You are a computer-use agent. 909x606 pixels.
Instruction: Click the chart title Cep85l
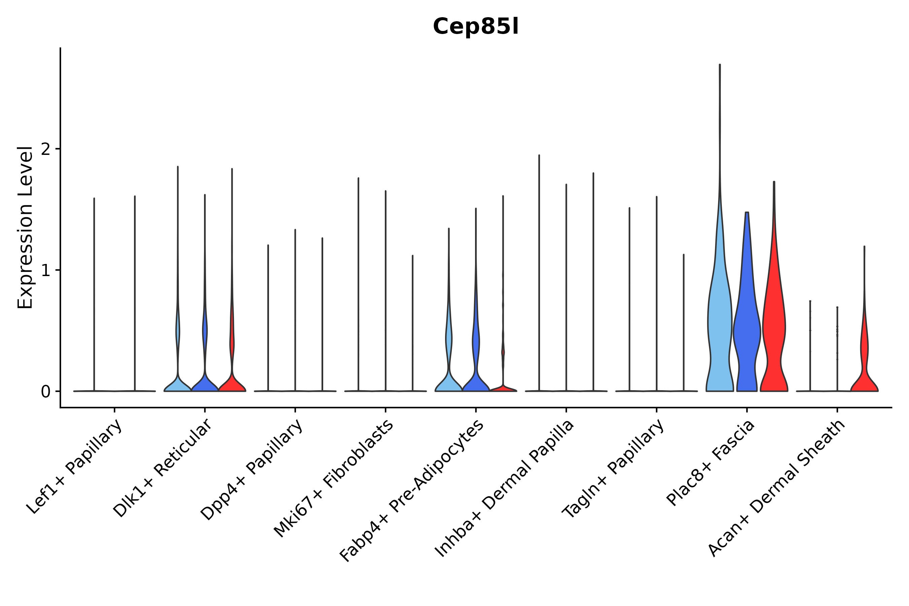coord(475,27)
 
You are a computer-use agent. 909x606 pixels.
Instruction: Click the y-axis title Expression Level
coord(25,227)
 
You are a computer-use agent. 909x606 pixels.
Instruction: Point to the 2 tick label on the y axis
coord(45,149)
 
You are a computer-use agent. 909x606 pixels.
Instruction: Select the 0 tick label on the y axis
coord(45,392)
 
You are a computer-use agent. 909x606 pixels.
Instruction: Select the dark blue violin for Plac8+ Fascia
coord(747,329)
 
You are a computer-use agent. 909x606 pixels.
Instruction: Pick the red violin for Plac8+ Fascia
coord(774,329)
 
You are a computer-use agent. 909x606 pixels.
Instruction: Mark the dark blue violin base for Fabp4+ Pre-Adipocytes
coord(476,384)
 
